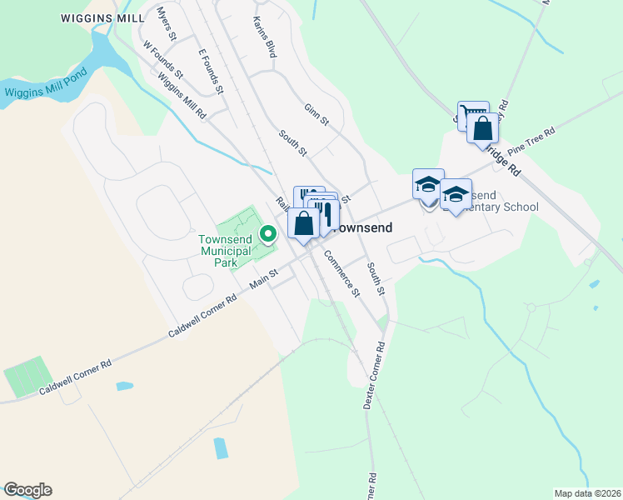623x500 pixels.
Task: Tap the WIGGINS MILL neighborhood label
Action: pyautogui.click(x=97, y=17)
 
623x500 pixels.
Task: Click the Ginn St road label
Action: pyautogui.click(x=316, y=115)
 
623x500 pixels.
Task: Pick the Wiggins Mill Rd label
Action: pyautogui.click(x=181, y=97)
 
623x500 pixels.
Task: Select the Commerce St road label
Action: pyautogui.click(x=341, y=273)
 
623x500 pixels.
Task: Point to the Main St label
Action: pyautogui.click(x=263, y=284)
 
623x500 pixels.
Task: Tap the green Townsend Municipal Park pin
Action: pyautogui.click(x=268, y=234)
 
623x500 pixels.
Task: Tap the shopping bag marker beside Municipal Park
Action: pyautogui.click(x=304, y=223)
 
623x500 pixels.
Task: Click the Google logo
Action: pyautogui.click(x=27, y=490)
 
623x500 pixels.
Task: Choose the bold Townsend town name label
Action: pyautogui.click(x=365, y=227)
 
